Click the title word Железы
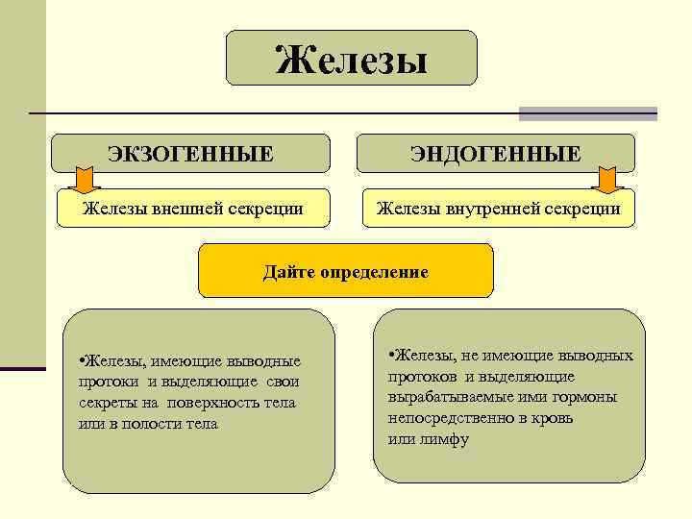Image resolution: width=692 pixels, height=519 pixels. (x=351, y=59)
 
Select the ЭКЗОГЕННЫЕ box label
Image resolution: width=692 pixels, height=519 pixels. (x=190, y=153)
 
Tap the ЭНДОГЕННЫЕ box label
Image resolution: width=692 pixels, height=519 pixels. (x=496, y=153)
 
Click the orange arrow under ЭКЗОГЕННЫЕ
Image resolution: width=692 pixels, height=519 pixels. (x=86, y=179)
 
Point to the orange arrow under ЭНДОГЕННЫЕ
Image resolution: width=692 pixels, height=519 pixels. (x=607, y=179)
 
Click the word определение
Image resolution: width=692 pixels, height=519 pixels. (x=375, y=272)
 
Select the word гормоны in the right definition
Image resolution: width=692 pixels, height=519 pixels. (x=585, y=397)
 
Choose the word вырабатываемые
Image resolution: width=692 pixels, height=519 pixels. (x=451, y=397)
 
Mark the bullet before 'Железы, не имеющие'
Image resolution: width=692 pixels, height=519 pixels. (x=392, y=356)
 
